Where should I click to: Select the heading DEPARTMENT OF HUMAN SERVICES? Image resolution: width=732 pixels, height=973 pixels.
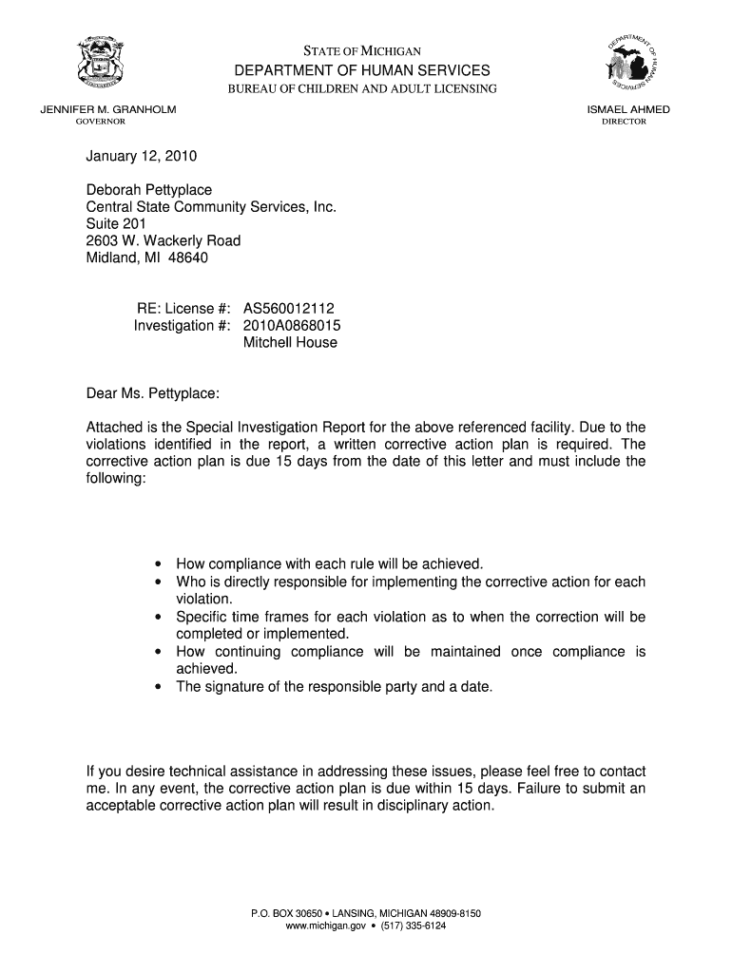coord(364,71)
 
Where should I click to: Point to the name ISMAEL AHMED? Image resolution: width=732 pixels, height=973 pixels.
coord(629,110)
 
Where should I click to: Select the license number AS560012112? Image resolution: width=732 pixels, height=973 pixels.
coord(289,309)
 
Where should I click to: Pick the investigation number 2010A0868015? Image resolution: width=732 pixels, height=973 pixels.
coord(292,326)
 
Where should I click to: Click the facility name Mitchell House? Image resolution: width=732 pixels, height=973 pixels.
coord(290,343)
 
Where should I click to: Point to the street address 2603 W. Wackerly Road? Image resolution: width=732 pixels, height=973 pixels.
coord(164,241)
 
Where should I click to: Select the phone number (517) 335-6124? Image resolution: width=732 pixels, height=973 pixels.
coord(413,926)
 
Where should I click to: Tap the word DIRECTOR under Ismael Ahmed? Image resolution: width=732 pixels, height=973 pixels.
coord(624,123)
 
